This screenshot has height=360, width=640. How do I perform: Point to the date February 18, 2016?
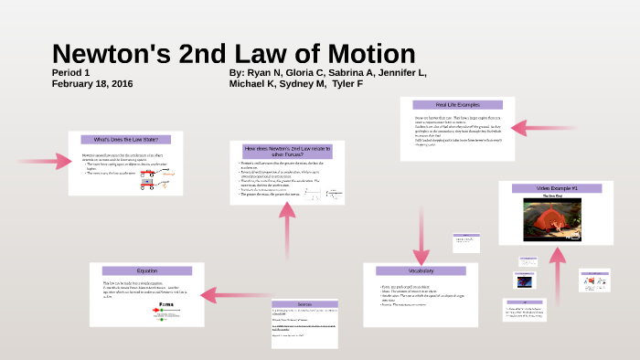click(93, 83)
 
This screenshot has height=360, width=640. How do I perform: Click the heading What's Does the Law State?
click(126, 139)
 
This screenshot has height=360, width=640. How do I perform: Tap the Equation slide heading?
click(147, 271)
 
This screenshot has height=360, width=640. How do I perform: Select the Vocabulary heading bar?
click(421, 271)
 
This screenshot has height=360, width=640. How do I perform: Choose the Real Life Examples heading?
click(457, 104)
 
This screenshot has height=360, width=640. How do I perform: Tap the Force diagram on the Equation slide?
click(166, 311)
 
